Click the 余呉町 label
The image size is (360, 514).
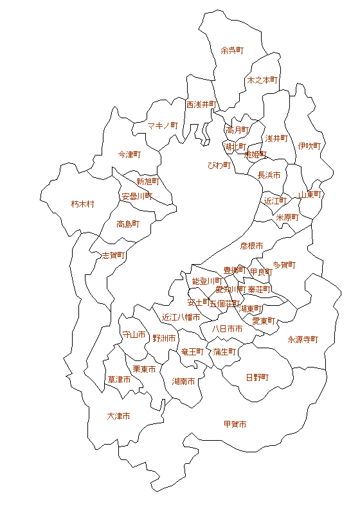pos(232,49)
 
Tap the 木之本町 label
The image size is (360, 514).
pos(262,80)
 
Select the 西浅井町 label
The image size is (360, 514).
pos(202,104)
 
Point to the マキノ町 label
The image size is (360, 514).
pos(163,125)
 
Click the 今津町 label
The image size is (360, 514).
pos(129,155)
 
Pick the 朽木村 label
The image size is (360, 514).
pos(82,204)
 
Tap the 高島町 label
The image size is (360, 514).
pos(128,224)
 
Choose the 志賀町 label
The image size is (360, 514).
pos(114,255)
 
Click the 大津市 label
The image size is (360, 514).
pos(118,416)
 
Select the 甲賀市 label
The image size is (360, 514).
pos(235,424)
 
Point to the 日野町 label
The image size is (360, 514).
pos(257,377)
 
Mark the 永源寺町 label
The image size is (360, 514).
pos(303,339)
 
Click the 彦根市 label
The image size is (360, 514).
pos(251,245)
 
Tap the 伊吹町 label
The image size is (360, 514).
pos(309,146)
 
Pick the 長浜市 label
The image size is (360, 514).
pos(269,175)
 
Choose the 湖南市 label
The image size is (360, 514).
pos(184,381)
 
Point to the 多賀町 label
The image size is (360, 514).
pos(284,265)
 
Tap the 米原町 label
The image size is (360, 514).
pos(287,217)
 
